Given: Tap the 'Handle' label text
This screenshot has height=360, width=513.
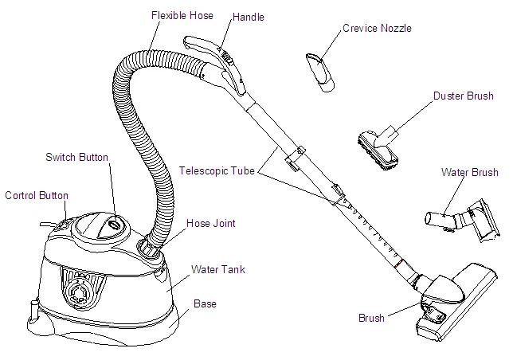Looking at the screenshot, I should coord(248,17).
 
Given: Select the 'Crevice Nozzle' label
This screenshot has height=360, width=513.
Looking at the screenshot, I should coord(378,29).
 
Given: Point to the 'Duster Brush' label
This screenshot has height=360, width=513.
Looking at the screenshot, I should coord(464,96).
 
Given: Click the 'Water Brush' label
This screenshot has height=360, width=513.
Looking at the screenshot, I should coord(469,172).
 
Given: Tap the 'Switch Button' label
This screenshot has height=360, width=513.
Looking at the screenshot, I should coord(76,157).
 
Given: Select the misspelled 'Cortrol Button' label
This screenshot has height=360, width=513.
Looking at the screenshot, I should coord(37,195).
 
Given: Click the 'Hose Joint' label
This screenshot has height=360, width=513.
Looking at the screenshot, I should coord(210,223).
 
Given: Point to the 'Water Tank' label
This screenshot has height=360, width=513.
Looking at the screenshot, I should coord(218,270).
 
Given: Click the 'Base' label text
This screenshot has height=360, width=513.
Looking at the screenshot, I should coord(205,303).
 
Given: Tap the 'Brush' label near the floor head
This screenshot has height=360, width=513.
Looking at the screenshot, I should coord(371,318).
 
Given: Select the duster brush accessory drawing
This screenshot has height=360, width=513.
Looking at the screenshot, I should coord(379,148).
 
